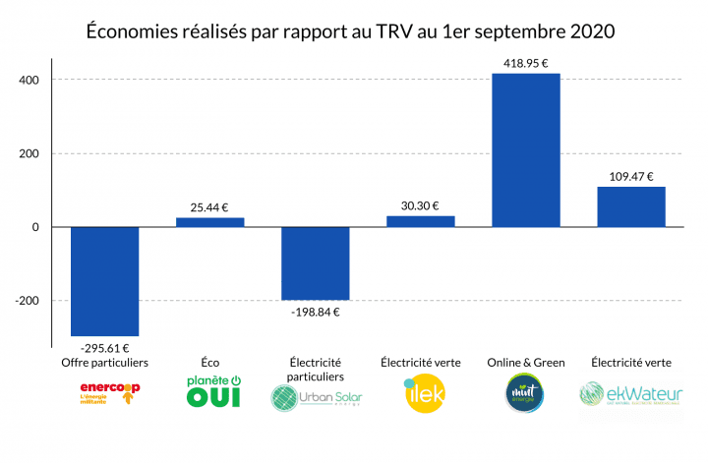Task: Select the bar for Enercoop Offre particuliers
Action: coord(104,281)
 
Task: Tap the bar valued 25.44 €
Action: coord(209,222)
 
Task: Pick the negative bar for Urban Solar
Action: coord(315,263)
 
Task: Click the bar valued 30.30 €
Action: coord(420,221)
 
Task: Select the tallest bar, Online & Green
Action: coord(526,150)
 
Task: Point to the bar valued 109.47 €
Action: coord(631,207)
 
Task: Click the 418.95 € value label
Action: coord(526,62)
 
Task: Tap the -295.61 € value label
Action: coord(104,347)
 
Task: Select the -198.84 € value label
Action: coord(315,312)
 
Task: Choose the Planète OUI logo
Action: coord(209,392)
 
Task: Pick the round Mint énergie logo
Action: coord(526,394)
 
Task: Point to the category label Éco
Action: coord(209,363)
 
